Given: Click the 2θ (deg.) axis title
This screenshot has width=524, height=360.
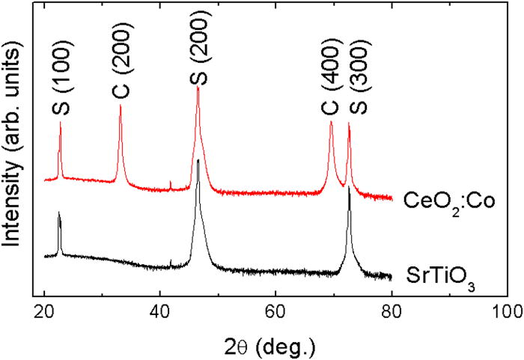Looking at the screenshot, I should point(274,345).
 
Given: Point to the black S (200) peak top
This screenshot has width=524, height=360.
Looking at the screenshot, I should point(198,159).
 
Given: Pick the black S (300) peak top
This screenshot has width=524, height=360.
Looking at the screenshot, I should point(349,187).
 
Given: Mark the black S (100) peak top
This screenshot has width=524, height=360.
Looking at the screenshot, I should point(58,213).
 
